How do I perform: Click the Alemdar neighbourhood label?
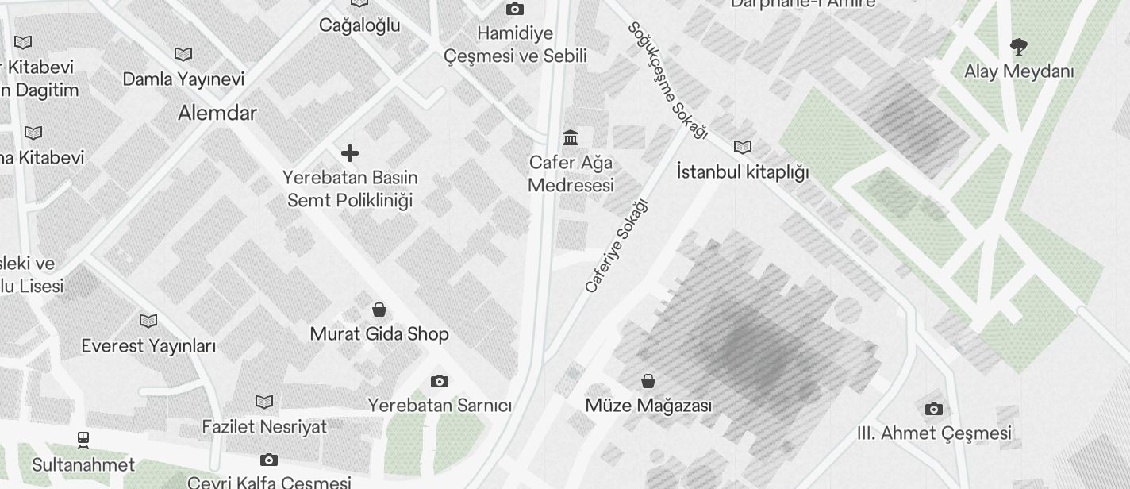pos(217,113)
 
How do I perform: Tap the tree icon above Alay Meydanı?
pos(1018,47)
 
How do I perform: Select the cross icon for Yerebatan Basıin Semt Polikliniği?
pos(350,152)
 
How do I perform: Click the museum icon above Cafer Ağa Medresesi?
pos(571,138)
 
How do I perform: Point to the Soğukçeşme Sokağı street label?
pos(667,80)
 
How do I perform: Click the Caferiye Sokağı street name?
pos(617,246)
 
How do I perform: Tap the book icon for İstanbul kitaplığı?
pos(743,147)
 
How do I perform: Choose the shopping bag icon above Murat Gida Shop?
pos(379,309)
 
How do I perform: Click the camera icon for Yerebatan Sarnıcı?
pos(440,382)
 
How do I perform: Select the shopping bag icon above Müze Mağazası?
pos(648,381)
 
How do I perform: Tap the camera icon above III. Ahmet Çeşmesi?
pos(934,410)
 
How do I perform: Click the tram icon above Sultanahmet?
pos(83,439)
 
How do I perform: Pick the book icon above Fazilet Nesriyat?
pos(264,402)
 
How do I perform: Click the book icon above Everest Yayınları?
pos(148,322)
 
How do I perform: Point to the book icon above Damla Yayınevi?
pos(183,55)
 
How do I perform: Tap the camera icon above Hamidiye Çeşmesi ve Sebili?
pos(515,10)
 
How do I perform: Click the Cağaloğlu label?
pos(359,25)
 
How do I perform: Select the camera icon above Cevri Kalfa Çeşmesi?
pos(269,460)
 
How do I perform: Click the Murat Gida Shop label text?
pos(379,334)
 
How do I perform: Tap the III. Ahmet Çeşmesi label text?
pos(934,433)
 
